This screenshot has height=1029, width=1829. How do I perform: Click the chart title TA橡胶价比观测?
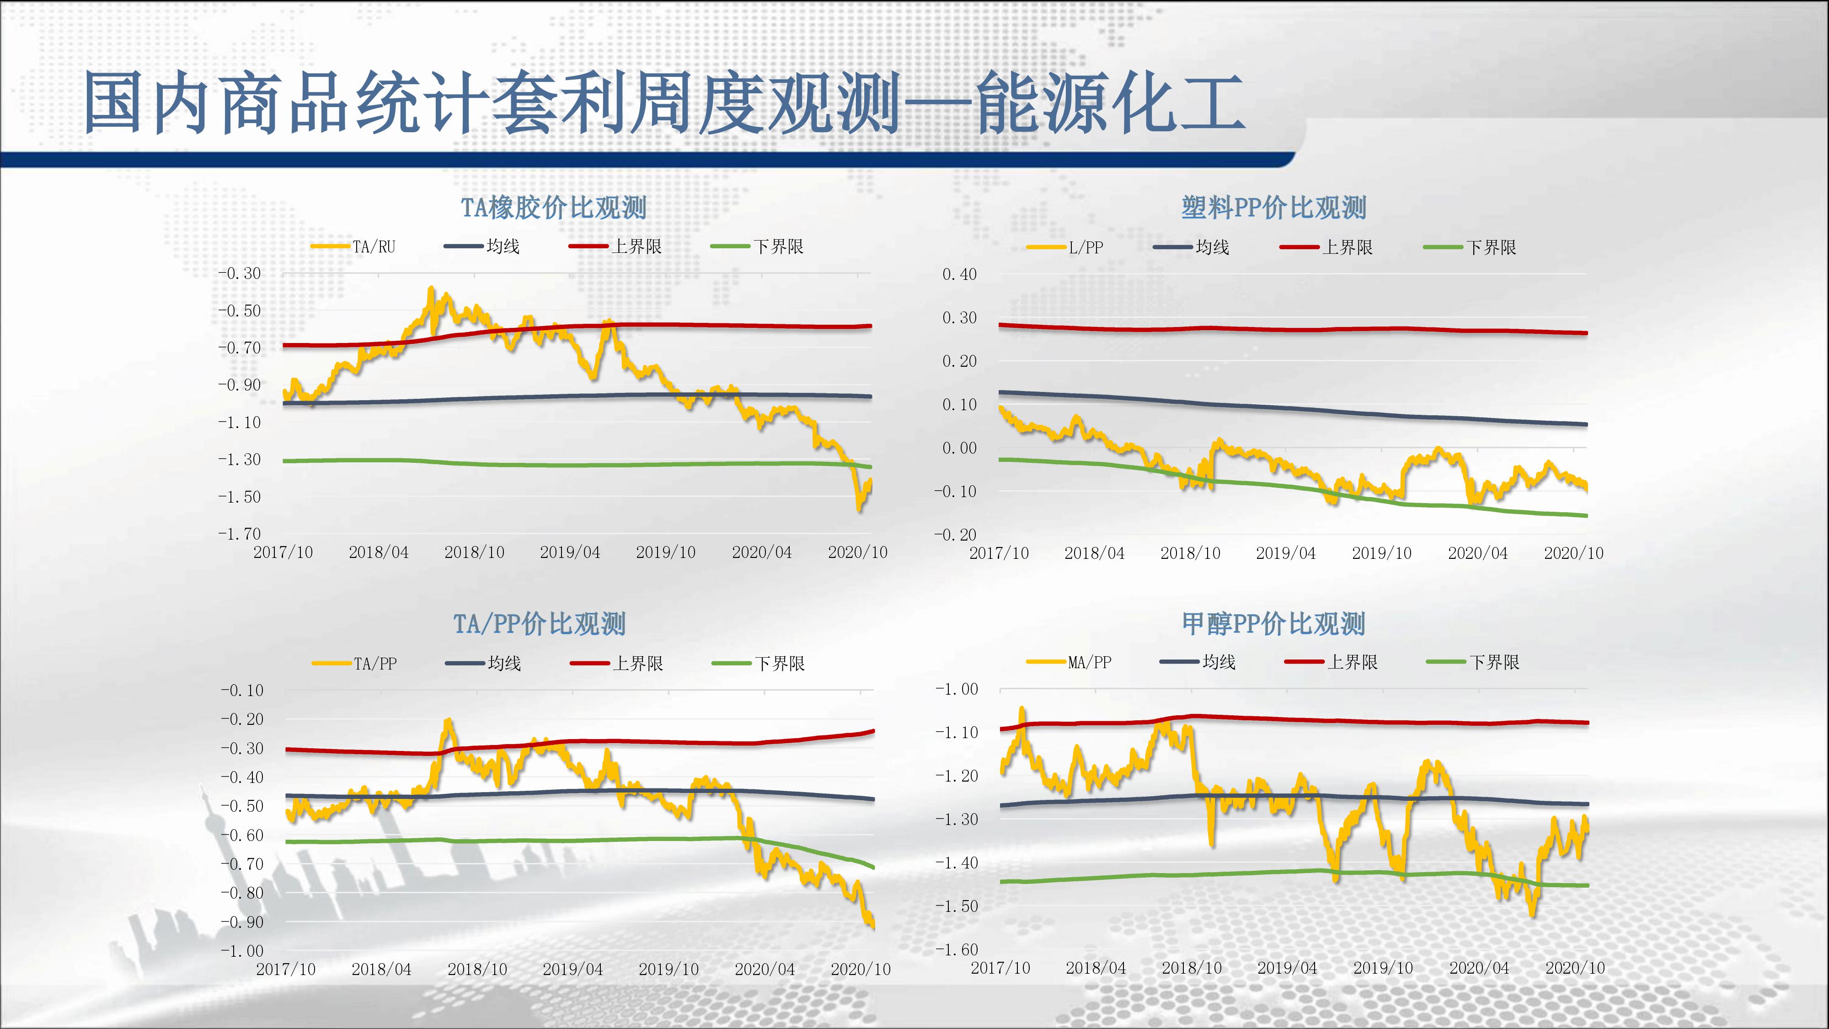(x=553, y=208)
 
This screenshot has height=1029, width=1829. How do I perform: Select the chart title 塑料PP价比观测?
(x=1274, y=208)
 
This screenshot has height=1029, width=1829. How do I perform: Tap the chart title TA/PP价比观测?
(x=540, y=624)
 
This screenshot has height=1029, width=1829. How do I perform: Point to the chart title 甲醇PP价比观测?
(x=1274, y=624)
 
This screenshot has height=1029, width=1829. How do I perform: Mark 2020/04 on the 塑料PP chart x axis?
(x=1477, y=553)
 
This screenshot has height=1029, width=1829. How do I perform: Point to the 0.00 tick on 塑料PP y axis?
(x=959, y=448)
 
